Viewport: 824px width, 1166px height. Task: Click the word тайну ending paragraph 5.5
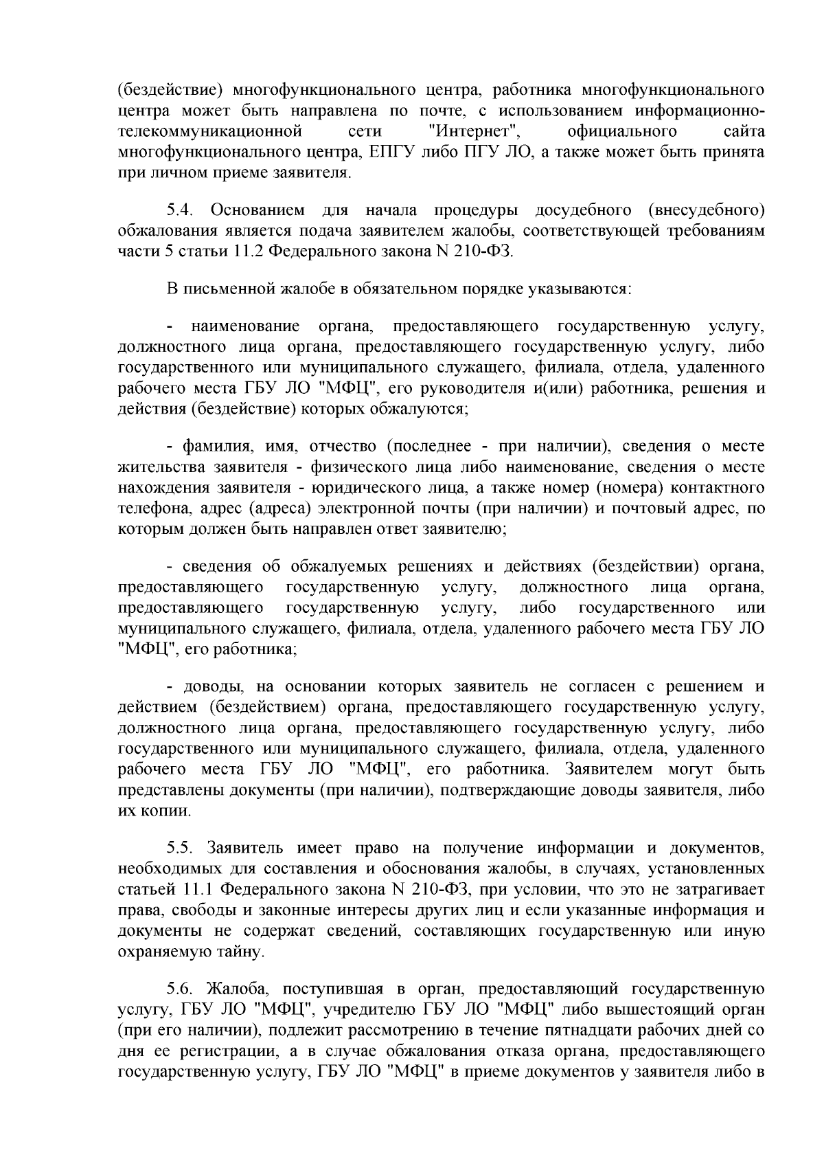242,953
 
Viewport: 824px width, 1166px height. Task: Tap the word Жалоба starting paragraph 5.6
234,989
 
